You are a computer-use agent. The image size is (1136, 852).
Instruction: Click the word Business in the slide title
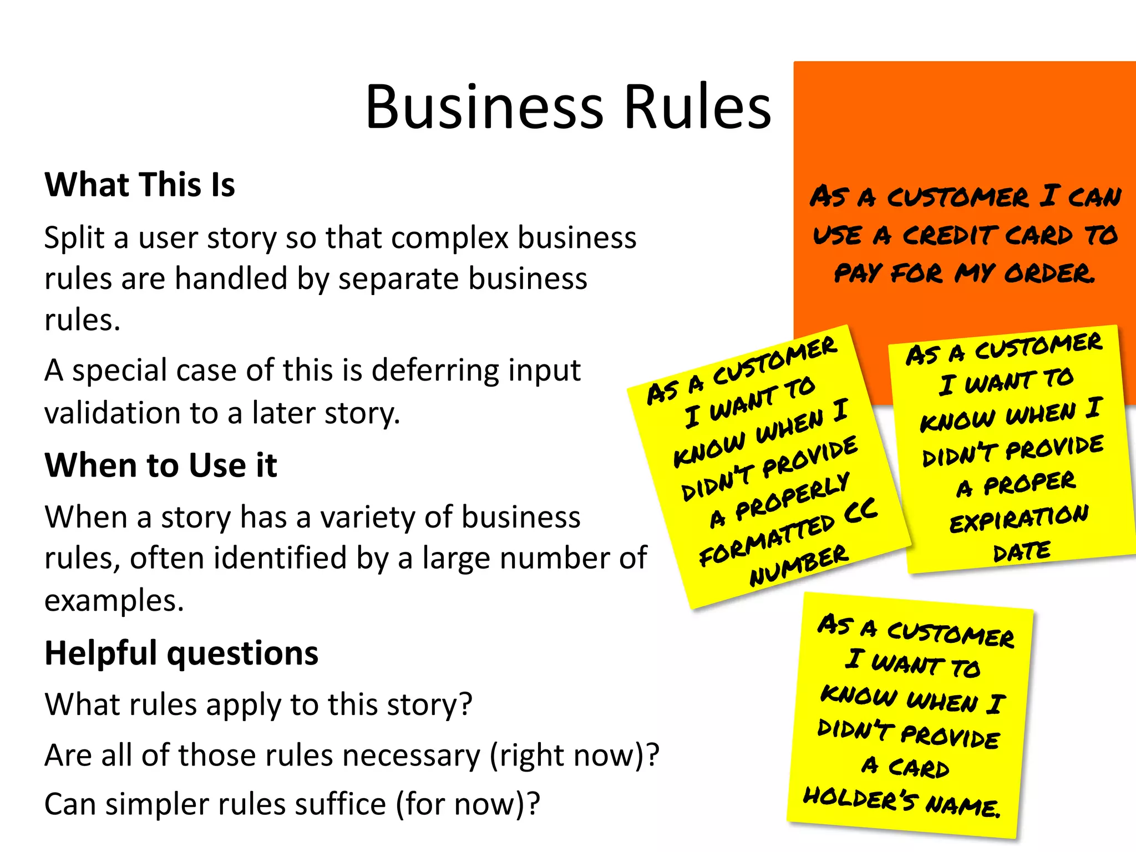coord(484,107)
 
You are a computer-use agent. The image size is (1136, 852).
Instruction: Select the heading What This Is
coord(140,185)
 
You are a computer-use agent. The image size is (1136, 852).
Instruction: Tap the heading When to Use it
coord(161,465)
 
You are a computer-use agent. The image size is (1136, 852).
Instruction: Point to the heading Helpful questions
coord(181,653)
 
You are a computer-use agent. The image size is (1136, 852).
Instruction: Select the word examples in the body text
coord(114,601)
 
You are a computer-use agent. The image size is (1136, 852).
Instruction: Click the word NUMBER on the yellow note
coord(799,566)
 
